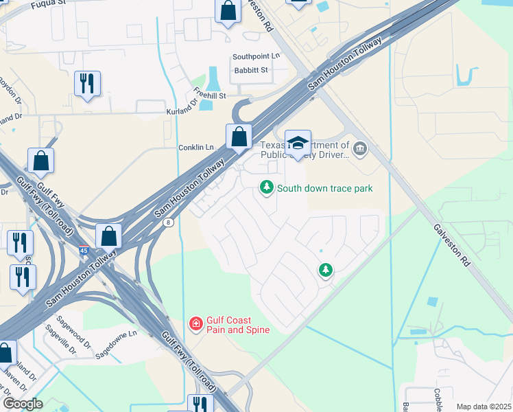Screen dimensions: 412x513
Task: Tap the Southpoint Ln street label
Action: point(256,56)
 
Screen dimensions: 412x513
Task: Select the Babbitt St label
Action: point(250,70)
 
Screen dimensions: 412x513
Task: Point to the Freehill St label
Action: point(209,95)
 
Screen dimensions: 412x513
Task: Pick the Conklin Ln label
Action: point(196,147)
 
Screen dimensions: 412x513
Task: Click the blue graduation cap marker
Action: point(298,142)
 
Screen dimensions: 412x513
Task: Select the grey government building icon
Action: point(359,148)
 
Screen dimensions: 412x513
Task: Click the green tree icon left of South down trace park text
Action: point(266,187)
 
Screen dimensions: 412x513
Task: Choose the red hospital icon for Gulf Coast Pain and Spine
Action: point(195,323)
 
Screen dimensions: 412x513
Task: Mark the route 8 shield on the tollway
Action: point(168,221)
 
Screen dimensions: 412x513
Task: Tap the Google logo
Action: point(22,403)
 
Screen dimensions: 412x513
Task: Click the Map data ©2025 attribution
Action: point(484,407)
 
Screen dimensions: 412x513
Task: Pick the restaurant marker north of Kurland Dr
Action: point(87,83)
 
